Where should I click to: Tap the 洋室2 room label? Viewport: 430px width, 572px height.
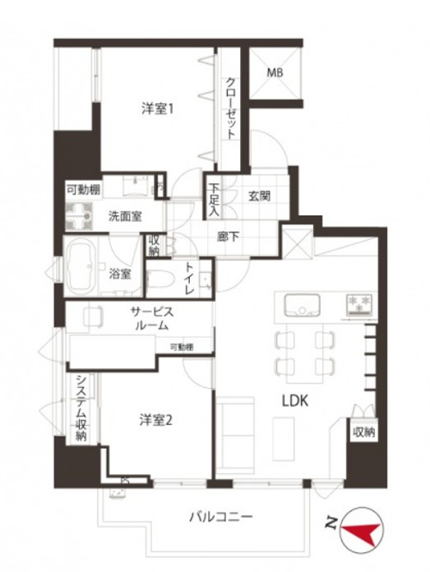coord(156,421)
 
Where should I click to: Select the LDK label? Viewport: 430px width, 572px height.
coord(295,402)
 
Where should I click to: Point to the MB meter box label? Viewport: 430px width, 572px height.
coord(274,72)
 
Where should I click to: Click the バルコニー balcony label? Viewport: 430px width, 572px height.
coord(221,517)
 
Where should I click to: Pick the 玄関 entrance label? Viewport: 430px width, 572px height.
coord(260,196)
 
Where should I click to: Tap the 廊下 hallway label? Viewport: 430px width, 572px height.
coord(228,237)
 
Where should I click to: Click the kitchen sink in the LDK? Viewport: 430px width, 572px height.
coord(303,304)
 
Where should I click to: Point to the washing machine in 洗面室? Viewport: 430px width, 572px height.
coord(79,217)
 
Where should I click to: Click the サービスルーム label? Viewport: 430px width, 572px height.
coord(151,318)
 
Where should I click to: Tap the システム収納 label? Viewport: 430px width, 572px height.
coord(81,408)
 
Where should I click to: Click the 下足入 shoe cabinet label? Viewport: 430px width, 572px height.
coord(214,200)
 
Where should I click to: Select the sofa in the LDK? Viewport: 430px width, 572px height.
coord(235,435)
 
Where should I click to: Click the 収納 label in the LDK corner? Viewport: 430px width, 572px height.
coord(364,433)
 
